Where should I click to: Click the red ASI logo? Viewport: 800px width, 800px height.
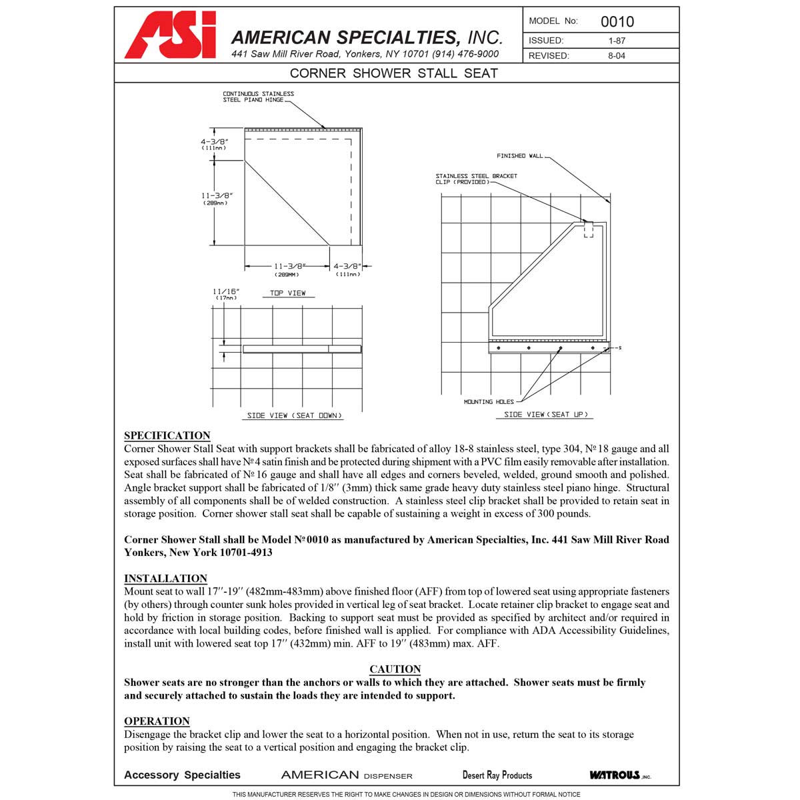coord(171,36)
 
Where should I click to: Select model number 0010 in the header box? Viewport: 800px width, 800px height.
coord(617,21)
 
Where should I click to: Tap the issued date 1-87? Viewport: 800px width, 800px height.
coord(617,41)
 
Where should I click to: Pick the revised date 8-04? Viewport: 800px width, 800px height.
coord(617,56)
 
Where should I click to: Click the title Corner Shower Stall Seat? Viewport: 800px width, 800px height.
coord(394,73)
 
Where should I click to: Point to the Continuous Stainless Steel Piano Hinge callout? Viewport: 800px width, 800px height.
coord(258,97)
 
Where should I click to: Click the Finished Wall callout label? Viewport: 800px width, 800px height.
coord(520,156)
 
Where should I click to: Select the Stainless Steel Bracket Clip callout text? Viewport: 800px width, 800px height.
coord(476,179)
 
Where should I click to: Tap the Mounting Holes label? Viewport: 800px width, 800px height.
coord(489,402)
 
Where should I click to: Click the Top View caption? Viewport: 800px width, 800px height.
coord(288,293)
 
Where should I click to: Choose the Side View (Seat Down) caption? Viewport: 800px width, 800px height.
coord(295,415)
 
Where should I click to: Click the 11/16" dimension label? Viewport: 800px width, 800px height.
coord(226,291)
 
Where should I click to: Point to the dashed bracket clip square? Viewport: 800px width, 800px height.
coord(588,231)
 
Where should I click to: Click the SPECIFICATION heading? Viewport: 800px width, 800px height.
coord(167,435)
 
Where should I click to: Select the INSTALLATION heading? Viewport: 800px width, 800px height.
coord(165,578)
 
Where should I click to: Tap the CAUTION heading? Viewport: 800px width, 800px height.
coord(395,669)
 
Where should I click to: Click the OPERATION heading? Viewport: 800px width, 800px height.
coord(157,721)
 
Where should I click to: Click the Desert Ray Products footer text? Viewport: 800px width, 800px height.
coord(497,775)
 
